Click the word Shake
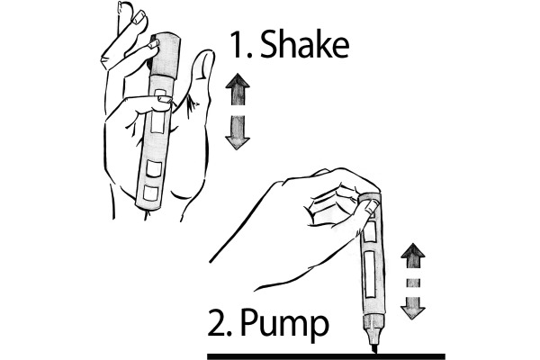pos(305,44)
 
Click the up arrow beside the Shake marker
pos(238,90)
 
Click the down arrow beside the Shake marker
pos(238,132)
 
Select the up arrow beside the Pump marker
pos(413,256)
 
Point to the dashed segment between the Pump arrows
pos(413,283)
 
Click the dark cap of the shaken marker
pos(166,54)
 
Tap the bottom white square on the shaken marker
pos(150,193)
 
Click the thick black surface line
pos(326,356)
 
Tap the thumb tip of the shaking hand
pos(204,59)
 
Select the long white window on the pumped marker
pos(370,274)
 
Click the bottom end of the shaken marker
pos(148,207)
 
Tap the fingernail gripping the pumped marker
pos(372,207)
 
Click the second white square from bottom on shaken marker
pos(154,168)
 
